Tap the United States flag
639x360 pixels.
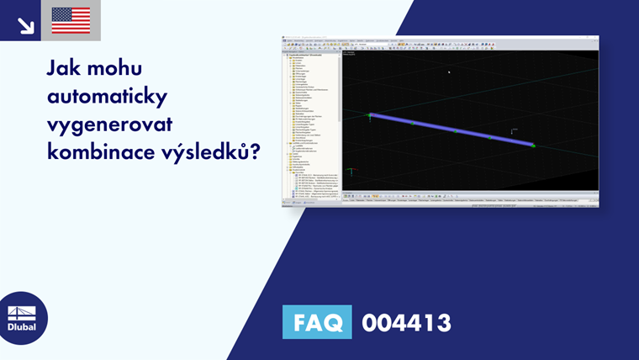click(x=71, y=20)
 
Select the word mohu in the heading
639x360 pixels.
click(x=128, y=68)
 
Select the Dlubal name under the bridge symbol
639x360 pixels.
click(x=22, y=327)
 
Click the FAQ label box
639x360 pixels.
click(x=316, y=322)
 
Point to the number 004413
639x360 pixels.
click(x=406, y=322)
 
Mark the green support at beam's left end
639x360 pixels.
click(x=368, y=114)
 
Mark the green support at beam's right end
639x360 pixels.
click(x=533, y=146)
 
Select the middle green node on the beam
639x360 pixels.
click(x=455, y=130)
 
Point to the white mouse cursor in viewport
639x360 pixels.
click(x=449, y=71)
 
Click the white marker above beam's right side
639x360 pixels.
click(x=513, y=130)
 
